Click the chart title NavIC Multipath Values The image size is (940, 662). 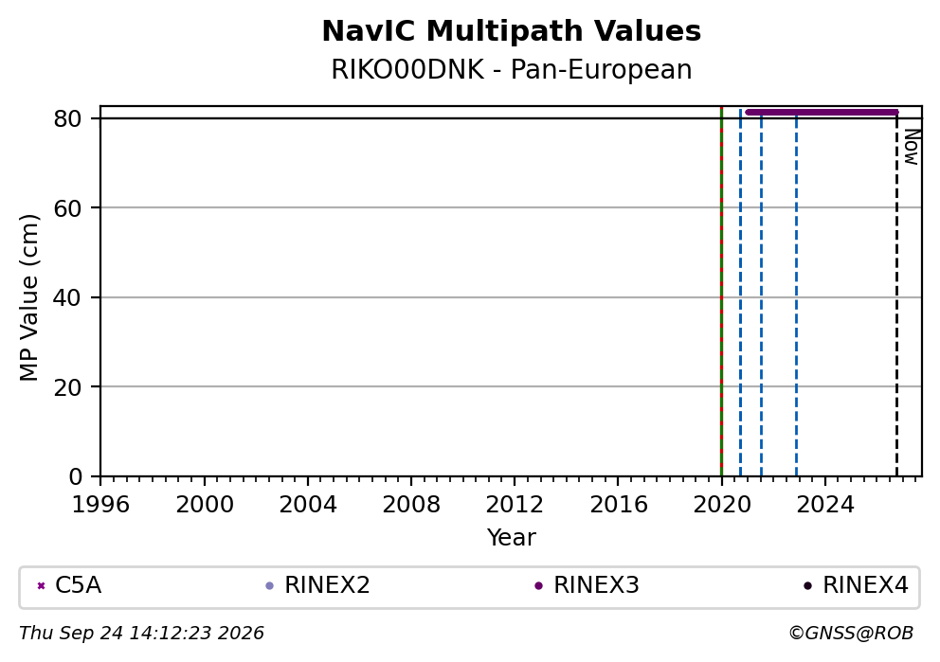click(512, 31)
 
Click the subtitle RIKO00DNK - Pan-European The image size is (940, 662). click(512, 69)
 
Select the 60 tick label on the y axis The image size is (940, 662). click(67, 208)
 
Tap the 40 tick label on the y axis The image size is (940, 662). click(67, 297)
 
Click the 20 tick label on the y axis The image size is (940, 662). click(67, 387)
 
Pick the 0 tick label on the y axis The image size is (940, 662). click(75, 477)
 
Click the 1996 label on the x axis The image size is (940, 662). click(100, 505)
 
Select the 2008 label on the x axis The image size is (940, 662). click(411, 505)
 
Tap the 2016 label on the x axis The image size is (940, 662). click(618, 505)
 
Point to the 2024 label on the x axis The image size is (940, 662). click(825, 505)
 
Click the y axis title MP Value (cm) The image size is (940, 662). click(28, 297)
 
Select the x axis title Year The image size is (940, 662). click(512, 537)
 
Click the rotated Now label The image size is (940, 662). click(912, 147)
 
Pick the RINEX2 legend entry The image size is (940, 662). click(318, 585)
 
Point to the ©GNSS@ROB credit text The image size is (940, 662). click(851, 634)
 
